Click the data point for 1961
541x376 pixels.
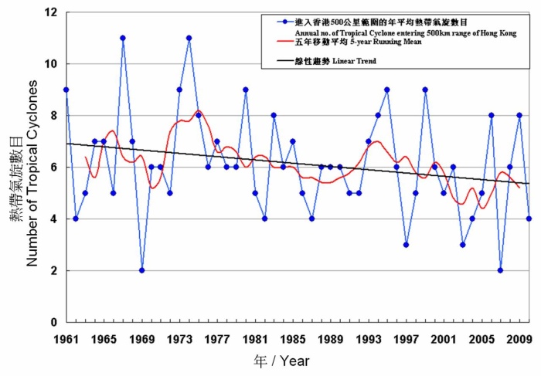coord(66,90)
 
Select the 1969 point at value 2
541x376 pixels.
coord(141,270)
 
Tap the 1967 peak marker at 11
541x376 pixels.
coord(123,38)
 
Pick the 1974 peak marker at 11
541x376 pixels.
coord(189,38)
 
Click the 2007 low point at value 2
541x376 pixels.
coord(501,270)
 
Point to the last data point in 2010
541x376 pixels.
coord(529,218)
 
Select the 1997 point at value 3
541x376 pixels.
coord(406,245)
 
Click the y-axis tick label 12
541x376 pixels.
coord(50,12)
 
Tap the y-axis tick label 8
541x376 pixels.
coord(53,116)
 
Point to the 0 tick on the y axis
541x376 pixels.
coord(53,322)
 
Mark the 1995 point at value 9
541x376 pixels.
coord(387,90)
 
